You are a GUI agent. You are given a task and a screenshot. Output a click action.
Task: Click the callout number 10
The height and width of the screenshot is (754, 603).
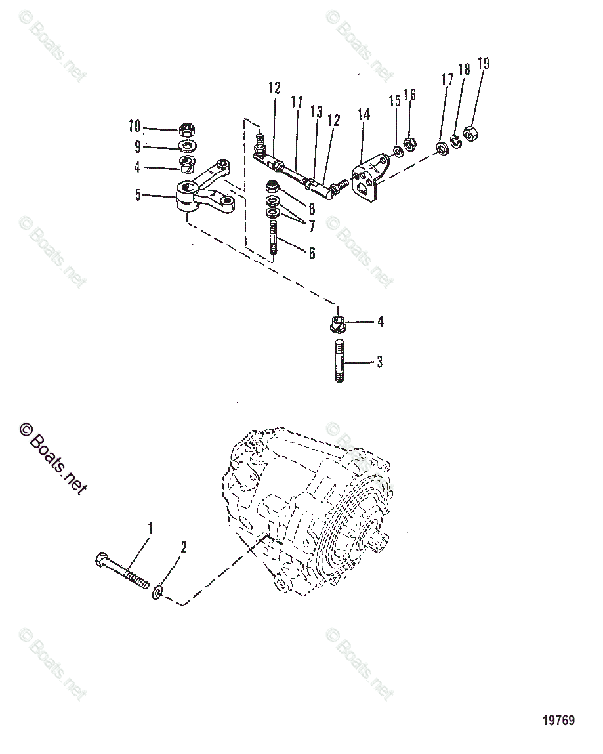(134, 126)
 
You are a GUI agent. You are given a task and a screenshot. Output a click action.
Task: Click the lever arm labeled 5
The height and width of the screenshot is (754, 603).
(203, 194)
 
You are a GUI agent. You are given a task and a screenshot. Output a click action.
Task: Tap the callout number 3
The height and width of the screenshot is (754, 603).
(379, 362)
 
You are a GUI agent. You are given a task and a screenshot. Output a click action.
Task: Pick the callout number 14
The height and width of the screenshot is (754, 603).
(364, 115)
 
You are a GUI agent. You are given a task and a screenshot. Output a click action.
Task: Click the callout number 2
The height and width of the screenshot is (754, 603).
(183, 547)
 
